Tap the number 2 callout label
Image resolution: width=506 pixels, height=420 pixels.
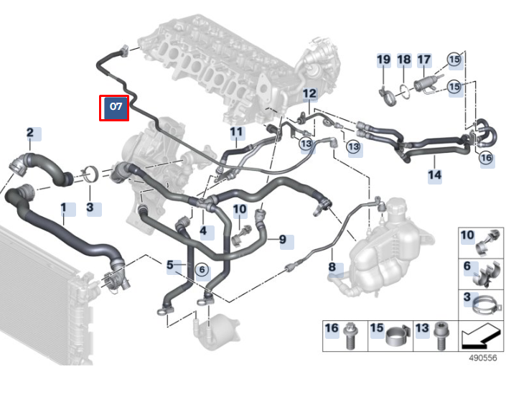point(30,132)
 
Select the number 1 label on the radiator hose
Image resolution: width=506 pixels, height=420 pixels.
point(64,207)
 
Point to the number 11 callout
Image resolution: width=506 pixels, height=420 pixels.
point(236,132)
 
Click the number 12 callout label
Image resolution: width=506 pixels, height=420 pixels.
point(309,93)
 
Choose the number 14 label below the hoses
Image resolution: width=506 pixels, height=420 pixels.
point(434,175)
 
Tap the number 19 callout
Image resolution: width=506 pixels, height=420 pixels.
point(384,60)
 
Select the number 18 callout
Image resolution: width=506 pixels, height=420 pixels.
point(403,60)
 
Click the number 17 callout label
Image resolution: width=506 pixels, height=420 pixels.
point(424,60)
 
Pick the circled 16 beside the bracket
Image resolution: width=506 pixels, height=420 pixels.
point(486,158)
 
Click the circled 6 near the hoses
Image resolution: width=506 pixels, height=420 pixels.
point(202,269)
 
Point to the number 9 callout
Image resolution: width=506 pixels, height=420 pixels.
point(283,239)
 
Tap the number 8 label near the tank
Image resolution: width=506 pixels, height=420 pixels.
point(332,267)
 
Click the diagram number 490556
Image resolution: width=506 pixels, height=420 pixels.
point(483,358)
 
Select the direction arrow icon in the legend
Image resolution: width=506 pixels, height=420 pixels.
point(479,337)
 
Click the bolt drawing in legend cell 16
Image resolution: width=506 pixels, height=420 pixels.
point(350,336)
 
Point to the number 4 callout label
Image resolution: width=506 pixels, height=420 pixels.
point(203,231)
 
